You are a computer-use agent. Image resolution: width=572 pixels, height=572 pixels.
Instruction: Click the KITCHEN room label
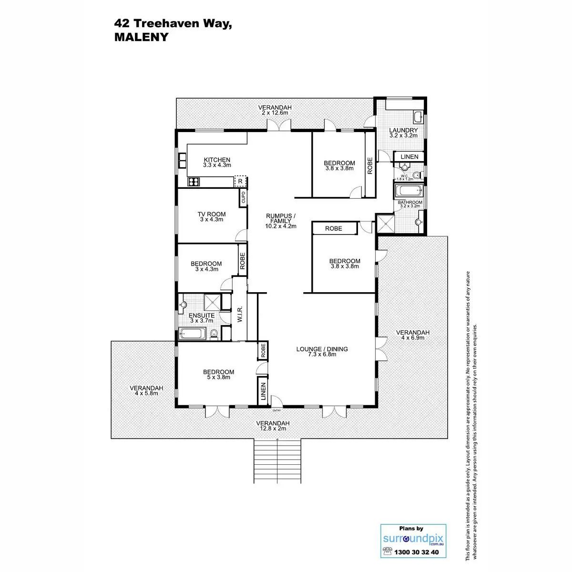[x=217, y=160]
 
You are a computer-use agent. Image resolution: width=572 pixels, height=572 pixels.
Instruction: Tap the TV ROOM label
[x=212, y=214]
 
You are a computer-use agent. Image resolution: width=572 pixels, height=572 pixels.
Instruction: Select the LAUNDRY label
[x=403, y=131]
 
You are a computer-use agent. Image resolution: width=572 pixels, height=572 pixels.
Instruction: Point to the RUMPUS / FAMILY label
[x=281, y=219]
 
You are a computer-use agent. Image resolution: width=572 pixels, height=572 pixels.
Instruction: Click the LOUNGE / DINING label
[x=322, y=349]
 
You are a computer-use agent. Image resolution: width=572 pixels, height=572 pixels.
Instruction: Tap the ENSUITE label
[x=202, y=316]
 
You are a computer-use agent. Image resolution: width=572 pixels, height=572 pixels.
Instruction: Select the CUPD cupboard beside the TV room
[x=243, y=197]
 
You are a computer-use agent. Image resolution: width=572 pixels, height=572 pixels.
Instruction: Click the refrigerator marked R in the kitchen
[x=240, y=181]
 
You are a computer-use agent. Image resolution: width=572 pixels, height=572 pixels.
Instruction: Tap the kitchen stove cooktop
[x=193, y=181]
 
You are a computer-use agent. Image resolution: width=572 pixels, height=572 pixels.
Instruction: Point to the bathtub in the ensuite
[x=194, y=333]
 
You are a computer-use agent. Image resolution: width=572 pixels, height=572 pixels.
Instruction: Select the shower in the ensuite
[x=212, y=303]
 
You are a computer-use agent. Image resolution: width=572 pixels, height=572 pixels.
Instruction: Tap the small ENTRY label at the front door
[x=276, y=410]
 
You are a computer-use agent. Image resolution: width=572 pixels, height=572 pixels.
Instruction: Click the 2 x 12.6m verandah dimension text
[x=275, y=113]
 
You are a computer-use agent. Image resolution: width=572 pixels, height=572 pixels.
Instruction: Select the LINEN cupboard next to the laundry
[x=409, y=157]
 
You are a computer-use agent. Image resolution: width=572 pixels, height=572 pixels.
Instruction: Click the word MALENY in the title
[x=142, y=37]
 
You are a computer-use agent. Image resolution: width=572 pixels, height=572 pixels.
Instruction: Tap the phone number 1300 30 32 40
[x=413, y=552]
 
